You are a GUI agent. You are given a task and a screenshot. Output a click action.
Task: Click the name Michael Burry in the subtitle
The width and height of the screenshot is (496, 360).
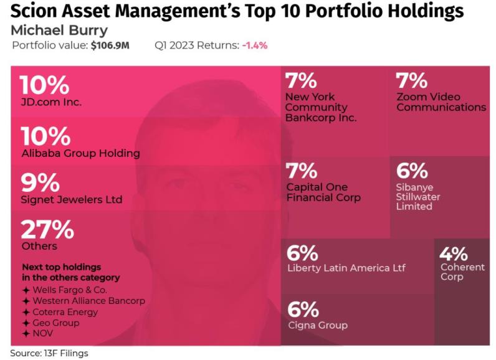coord(59,30)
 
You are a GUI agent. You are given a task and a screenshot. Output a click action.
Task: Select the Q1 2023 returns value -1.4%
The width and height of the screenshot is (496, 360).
coord(255,45)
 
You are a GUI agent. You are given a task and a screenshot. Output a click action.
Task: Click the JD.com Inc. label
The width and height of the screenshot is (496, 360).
coord(50,102)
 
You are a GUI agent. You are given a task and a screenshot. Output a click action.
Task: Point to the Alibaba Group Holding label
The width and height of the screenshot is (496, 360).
coord(80,153)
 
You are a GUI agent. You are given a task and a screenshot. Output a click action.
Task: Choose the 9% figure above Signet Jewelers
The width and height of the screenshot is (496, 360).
coord(40,183)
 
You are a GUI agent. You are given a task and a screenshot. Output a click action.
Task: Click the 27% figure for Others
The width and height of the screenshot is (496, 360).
coord(47,229)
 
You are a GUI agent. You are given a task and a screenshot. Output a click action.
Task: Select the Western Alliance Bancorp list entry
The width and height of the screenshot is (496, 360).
coord(88,301)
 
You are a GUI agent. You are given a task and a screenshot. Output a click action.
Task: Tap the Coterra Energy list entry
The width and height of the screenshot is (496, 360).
coord(65,312)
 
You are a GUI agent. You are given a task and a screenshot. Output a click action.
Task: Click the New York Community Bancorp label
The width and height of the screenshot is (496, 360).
coord(320,107)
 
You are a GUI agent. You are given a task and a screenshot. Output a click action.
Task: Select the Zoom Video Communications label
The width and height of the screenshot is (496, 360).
coord(441,102)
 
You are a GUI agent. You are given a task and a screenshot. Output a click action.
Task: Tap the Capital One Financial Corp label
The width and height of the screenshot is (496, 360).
coord(323,192)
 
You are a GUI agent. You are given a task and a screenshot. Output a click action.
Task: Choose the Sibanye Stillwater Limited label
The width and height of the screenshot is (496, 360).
coord(418,197)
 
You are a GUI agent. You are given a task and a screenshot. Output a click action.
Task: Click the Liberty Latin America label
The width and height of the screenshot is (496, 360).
coord(346,268)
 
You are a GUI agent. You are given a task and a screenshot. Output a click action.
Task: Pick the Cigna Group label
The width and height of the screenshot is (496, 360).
coord(317,324)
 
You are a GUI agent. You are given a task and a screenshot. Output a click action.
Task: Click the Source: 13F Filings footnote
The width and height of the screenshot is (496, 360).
coord(49,353)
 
